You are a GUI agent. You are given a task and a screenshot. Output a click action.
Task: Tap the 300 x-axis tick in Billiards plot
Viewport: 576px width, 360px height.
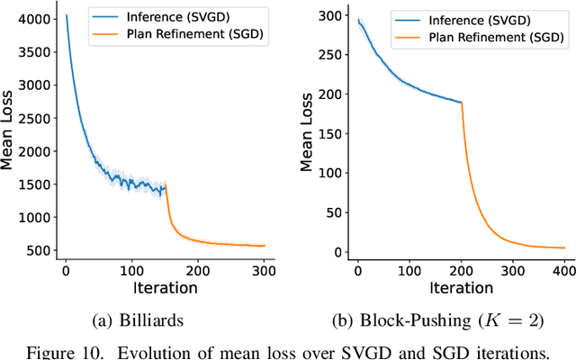click(x=265, y=269)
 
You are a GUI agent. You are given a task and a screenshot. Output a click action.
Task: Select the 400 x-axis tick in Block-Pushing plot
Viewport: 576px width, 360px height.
click(x=564, y=269)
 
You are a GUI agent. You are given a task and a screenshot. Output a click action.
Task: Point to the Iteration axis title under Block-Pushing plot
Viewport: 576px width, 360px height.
click(x=462, y=287)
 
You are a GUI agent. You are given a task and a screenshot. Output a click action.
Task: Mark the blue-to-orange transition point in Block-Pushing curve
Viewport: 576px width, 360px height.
click(x=462, y=103)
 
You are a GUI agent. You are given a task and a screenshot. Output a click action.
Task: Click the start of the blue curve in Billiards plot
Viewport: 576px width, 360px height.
click(x=67, y=15)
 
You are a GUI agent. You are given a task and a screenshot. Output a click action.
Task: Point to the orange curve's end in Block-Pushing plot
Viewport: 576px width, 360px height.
click(x=564, y=247)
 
